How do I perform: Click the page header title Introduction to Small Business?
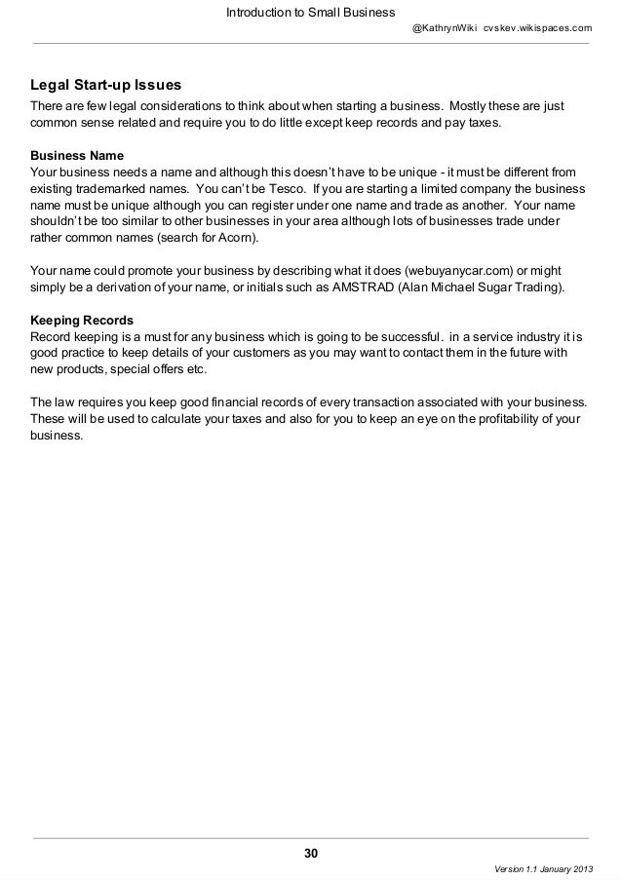(x=309, y=13)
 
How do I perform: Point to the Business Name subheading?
(x=78, y=155)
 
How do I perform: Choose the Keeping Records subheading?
(x=82, y=319)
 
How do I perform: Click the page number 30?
(x=310, y=855)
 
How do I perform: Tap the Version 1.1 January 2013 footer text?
(x=542, y=869)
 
